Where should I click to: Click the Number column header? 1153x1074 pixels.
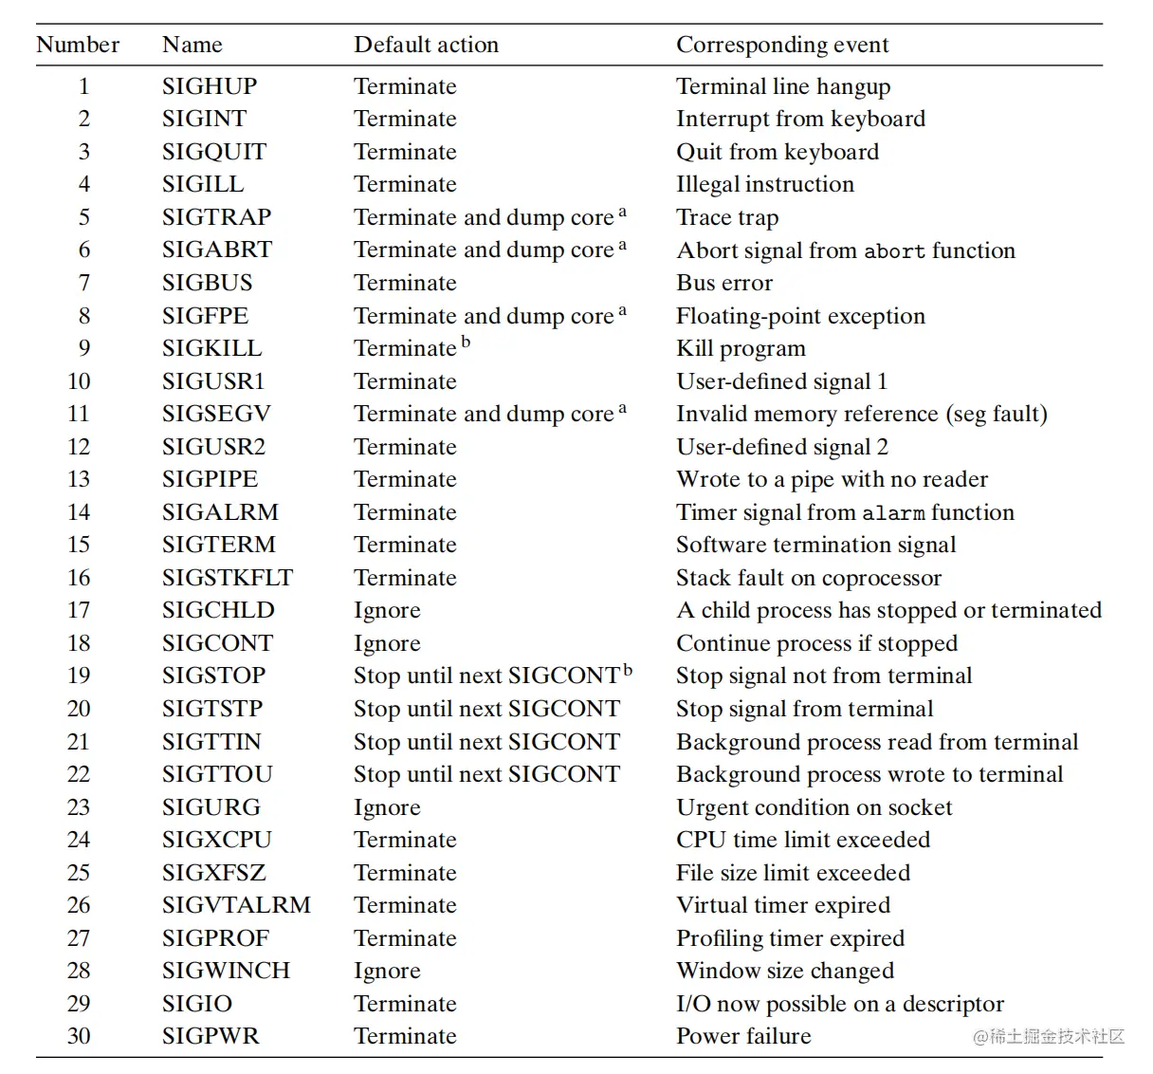click(78, 45)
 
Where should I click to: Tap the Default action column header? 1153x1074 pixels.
click(426, 45)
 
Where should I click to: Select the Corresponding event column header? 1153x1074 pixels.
click(782, 45)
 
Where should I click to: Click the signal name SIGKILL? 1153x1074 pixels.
click(211, 348)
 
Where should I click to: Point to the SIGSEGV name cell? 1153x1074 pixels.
click(216, 414)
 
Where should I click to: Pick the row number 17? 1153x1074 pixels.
click(79, 610)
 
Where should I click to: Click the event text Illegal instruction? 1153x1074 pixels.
click(765, 184)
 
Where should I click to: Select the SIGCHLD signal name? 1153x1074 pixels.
click(218, 610)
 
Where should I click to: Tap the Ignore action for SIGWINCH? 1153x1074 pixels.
click(387, 971)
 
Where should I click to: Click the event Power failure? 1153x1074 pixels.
click(743, 1036)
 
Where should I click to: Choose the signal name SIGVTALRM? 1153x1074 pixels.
click(236, 905)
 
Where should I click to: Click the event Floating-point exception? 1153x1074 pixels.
click(800, 316)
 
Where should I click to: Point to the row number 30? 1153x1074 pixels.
click(79, 1036)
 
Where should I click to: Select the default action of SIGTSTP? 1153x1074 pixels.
click(486, 709)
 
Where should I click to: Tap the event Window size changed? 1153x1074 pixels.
click(785, 971)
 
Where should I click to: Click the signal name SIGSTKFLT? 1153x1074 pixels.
click(228, 578)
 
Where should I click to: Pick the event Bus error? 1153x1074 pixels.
click(724, 283)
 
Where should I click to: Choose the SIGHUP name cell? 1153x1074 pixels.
click(210, 86)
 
